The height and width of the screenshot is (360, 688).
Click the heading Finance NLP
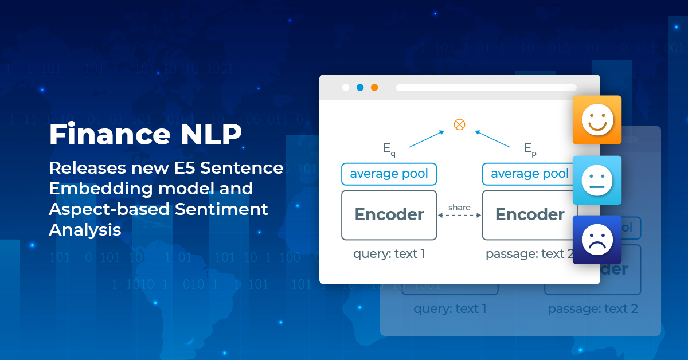pos(145,135)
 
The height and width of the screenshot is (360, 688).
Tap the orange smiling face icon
pos(597,120)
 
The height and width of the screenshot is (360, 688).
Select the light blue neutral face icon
pos(597,180)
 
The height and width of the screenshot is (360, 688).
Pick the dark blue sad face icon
pos(597,240)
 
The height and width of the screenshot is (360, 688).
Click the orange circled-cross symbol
pos(459,124)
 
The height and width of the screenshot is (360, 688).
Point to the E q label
pos(389,148)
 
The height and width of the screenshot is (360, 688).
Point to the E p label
pos(529,148)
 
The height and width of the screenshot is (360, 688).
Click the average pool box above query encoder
pos(389,174)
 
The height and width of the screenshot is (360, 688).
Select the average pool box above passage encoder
pos(529,174)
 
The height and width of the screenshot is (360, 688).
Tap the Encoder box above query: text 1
pos(389,215)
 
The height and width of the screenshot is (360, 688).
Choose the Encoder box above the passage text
pos(529,215)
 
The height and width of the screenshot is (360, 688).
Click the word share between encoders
pos(459,207)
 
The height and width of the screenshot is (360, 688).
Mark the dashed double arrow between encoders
pos(459,216)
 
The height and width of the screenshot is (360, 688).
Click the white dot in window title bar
pos(346,88)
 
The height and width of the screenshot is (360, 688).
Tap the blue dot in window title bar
pos(360,88)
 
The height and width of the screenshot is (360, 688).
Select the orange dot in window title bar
pos(374,88)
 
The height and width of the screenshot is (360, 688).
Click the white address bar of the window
pos(486,88)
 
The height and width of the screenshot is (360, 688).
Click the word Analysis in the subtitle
pos(85,230)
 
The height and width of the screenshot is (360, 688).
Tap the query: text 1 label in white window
pos(389,253)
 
